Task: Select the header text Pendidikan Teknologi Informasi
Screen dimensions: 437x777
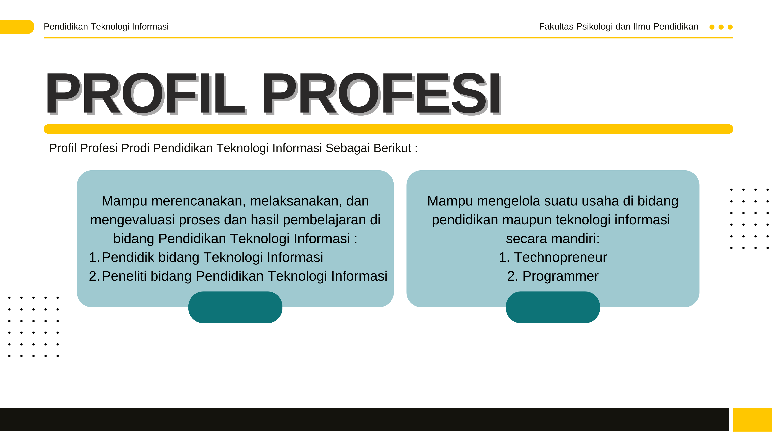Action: click(106, 27)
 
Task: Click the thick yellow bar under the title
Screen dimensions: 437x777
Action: click(388, 129)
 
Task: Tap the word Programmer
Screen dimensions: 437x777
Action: click(560, 276)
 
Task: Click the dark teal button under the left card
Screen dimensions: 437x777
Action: click(235, 307)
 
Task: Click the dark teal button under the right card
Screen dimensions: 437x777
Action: click(553, 307)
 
